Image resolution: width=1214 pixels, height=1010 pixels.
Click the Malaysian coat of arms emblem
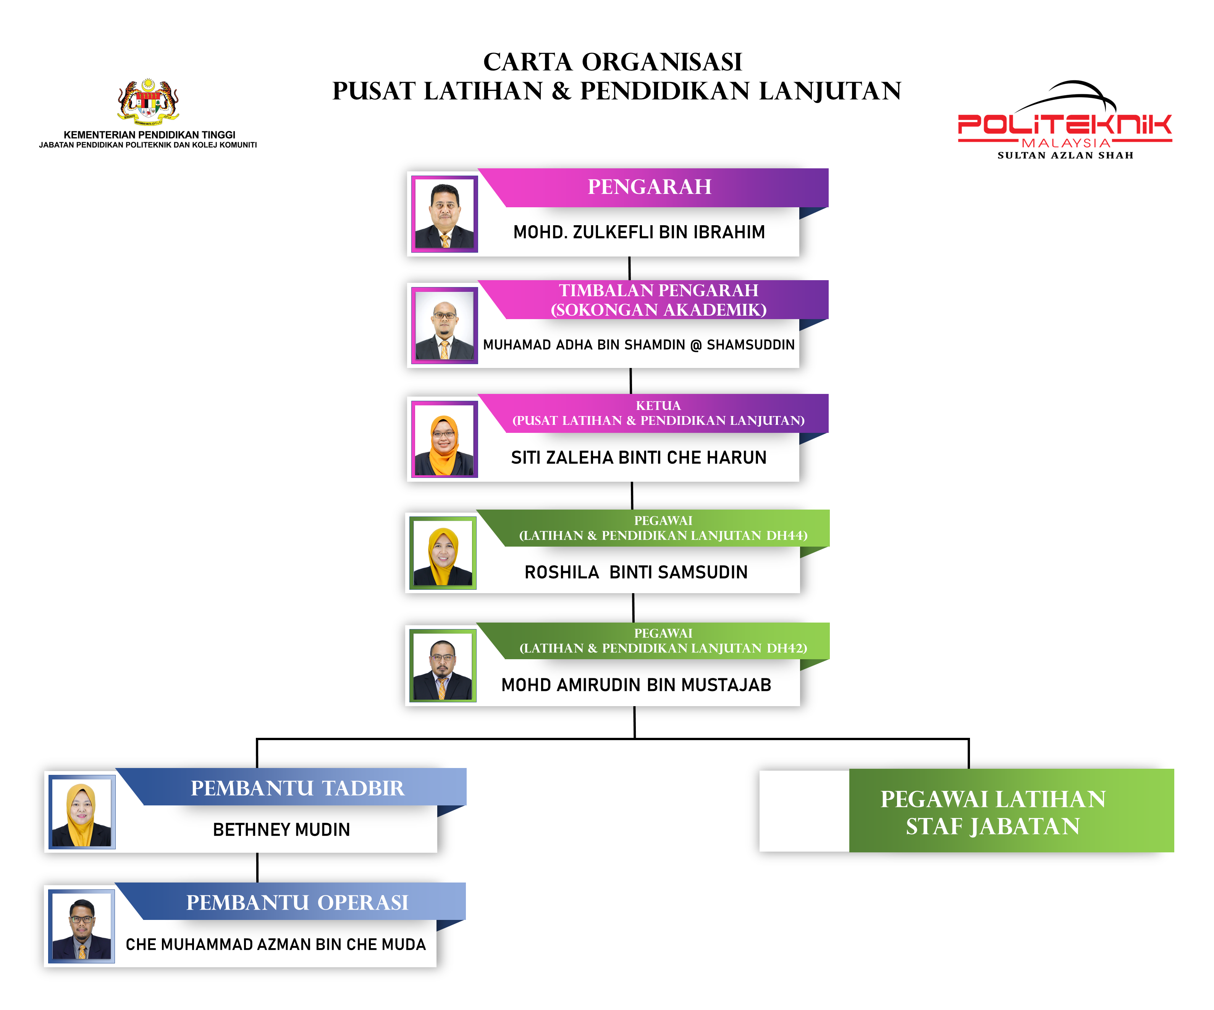[x=148, y=102]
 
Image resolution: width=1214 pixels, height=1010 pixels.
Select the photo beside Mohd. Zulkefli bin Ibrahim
[x=444, y=214]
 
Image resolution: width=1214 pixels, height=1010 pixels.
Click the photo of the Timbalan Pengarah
[x=444, y=325]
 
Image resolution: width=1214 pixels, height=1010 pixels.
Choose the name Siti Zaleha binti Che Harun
[x=638, y=458]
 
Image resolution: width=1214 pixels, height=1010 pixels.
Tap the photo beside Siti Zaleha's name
[x=444, y=439]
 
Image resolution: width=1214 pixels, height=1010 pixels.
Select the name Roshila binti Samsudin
[x=636, y=572]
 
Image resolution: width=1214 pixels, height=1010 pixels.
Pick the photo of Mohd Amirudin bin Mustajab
[x=443, y=666]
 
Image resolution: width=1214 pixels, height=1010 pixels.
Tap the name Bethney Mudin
[x=281, y=830]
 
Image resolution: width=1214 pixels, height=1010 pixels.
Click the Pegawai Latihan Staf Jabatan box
[x=993, y=812]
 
